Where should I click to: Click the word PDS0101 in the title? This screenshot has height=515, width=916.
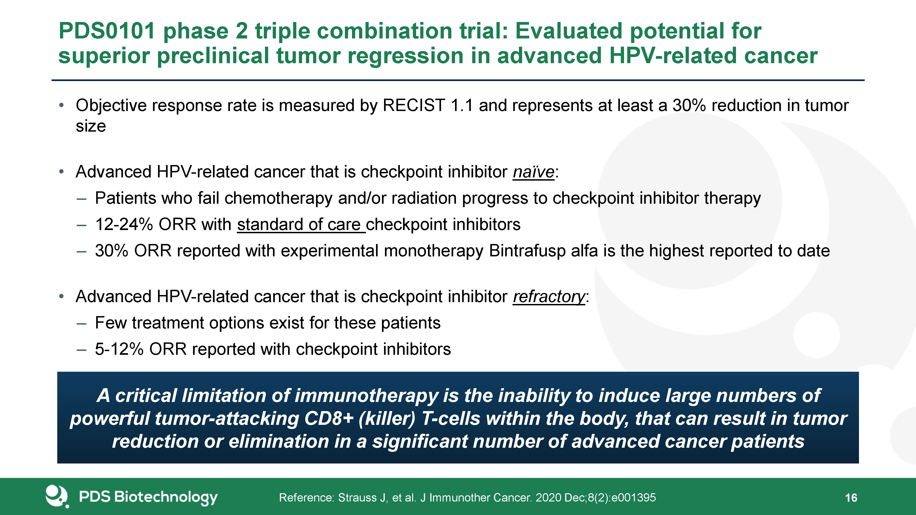click(x=107, y=31)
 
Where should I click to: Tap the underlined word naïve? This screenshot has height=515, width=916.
click(x=533, y=172)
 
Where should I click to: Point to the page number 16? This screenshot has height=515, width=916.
click(x=851, y=498)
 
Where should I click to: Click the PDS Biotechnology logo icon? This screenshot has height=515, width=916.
click(x=57, y=496)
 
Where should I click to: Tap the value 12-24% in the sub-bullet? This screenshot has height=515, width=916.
click(x=124, y=225)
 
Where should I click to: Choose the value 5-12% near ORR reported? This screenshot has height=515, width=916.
click(x=119, y=349)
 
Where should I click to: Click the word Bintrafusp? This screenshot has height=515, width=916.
click(x=527, y=251)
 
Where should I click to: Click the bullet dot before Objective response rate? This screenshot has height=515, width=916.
click(x=62, y=106)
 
